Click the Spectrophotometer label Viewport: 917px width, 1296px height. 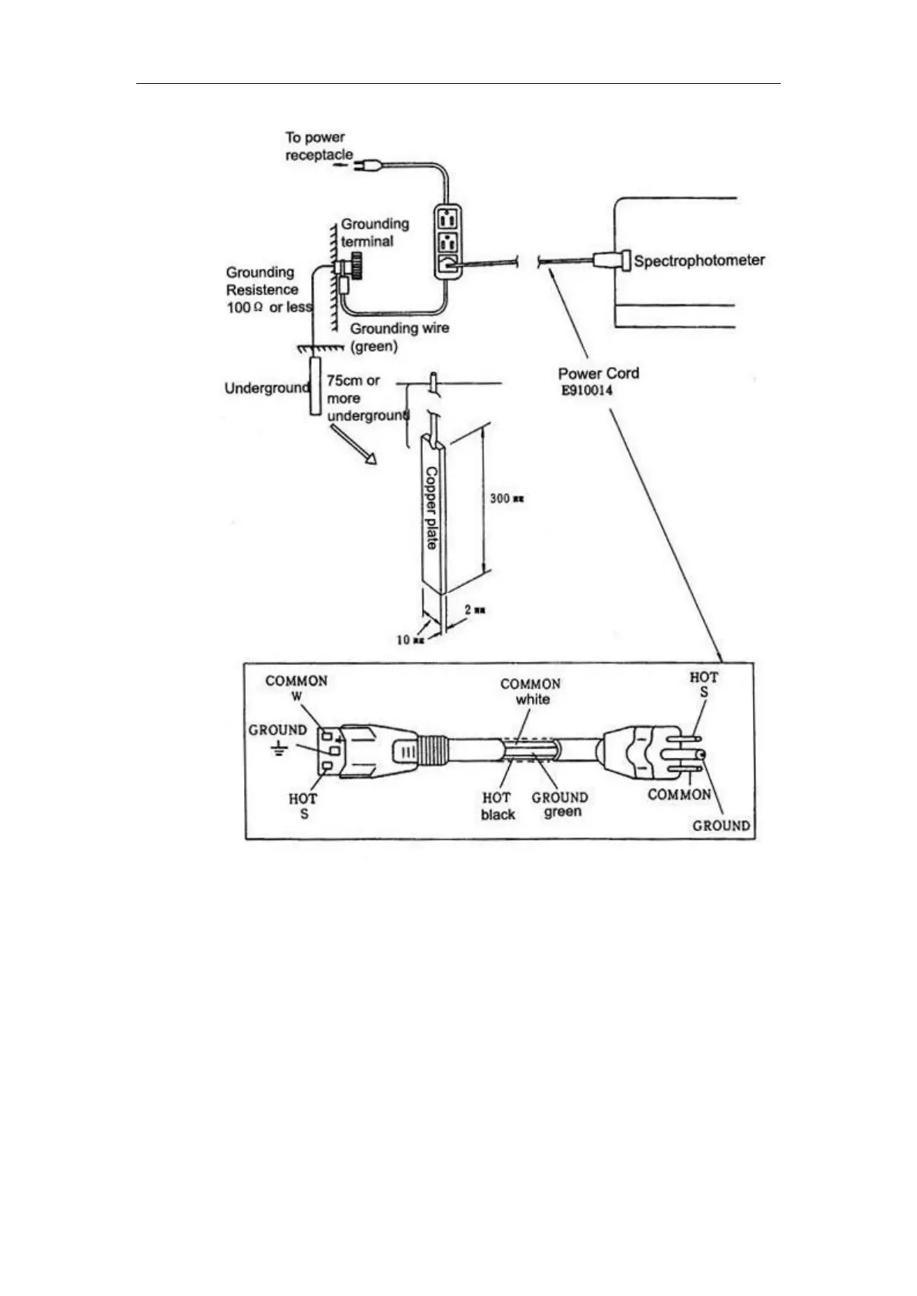pos(699,260)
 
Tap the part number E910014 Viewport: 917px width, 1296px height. pos(587,390)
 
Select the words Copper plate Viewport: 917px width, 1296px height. pos(431,508)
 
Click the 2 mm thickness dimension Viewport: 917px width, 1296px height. pos(474,610)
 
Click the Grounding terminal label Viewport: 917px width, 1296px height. pos(374,232)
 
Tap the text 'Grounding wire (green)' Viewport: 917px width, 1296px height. pos(399,337)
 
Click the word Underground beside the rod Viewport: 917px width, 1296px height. pos(266,388)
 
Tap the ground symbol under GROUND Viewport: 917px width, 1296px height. pos(277,748)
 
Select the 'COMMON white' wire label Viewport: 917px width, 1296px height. pos(530,691)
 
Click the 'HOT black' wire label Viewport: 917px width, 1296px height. pos(497,806)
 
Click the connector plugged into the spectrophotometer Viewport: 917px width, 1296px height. pos(611,261)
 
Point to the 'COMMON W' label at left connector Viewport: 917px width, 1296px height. pos(296,688)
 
